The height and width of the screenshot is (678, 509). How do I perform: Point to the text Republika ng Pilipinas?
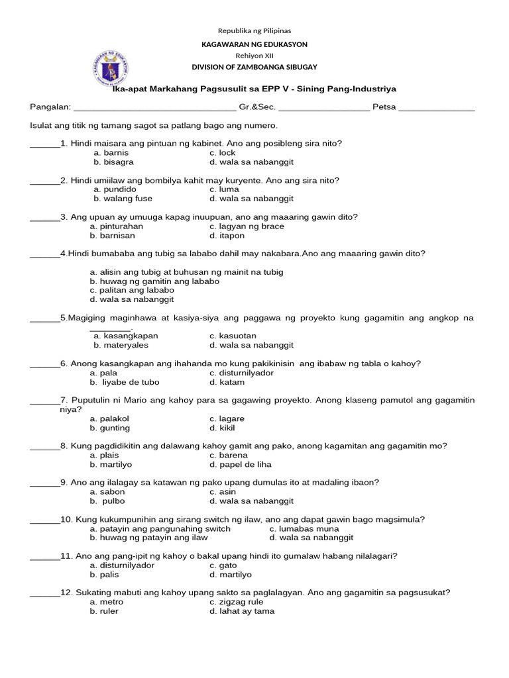[254, 30]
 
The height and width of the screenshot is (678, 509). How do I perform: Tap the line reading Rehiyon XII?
[254, 56]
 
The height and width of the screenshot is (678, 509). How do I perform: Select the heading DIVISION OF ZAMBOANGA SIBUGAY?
[254, 68]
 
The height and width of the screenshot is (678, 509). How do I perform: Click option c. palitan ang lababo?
[132, 290]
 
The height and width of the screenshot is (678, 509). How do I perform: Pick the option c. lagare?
[227, 418]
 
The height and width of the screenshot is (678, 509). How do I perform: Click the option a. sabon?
[107, 492]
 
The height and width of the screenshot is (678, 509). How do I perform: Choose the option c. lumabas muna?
[304, 528]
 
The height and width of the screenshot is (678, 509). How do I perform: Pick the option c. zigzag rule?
[236, 602]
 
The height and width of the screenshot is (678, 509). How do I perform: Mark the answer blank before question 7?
[44, 401]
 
